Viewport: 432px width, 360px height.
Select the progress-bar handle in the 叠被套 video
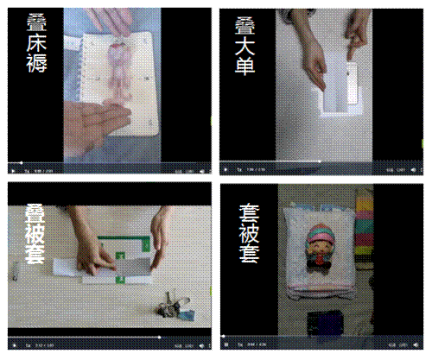(158, 337)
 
